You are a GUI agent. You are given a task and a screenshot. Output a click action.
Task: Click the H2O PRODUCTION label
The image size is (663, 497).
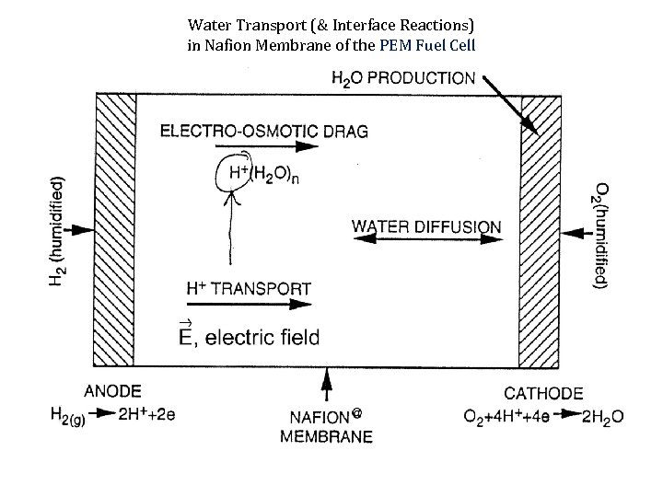coord(405,78)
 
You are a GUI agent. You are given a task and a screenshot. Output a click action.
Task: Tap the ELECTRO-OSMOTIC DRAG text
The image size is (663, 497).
coord(264,131)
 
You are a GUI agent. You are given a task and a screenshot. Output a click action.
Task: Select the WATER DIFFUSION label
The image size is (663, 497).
coord(426,226)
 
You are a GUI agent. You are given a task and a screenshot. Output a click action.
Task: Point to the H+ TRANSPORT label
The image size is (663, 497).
coord(249,289)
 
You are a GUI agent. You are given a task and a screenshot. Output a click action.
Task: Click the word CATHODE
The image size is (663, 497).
coord(543,393)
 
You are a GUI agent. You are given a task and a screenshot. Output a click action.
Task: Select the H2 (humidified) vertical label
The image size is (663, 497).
coord(57,230)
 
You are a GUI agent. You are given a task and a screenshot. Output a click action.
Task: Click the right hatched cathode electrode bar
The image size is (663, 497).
coord(541,230)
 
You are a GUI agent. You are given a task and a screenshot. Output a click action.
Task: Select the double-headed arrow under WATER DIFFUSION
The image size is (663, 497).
coord(426,240)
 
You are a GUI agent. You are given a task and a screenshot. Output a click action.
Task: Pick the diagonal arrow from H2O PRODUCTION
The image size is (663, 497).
coord(508,103)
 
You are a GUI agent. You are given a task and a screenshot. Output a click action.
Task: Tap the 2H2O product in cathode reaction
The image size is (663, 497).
coord(603,416)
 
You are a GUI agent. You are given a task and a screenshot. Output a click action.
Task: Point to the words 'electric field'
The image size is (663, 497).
coord(262,338)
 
